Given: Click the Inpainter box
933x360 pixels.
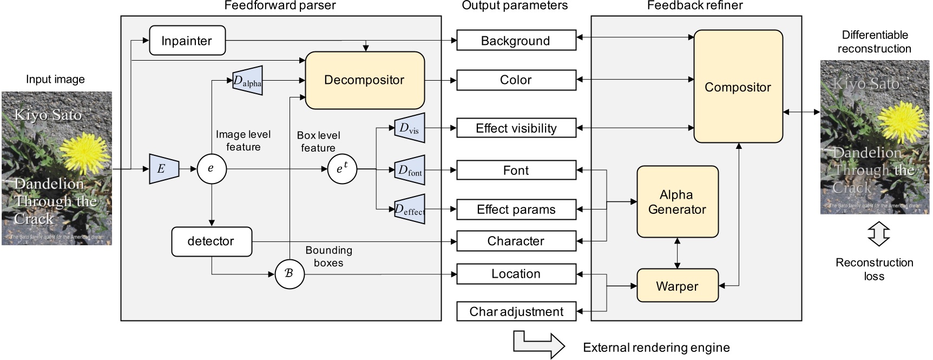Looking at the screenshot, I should click(187, 41).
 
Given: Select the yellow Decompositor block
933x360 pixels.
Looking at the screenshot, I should click(364, 80).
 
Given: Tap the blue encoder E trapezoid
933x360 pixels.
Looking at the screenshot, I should click(163, 169).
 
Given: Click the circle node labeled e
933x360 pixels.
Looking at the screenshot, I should click(211, 169).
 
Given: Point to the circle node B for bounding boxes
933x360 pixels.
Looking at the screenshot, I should click(290, 274).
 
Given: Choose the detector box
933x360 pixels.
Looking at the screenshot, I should click(212, 241).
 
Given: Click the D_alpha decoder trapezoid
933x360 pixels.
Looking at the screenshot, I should click(247, 81).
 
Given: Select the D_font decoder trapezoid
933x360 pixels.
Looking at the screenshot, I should click(410, 171).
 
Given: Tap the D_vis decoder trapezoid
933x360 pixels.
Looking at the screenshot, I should click(409, 128).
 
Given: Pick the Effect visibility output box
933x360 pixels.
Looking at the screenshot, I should click(516, 128).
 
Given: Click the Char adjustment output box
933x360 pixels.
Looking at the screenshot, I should click(516, 312).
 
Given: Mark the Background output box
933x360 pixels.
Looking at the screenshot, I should click(516, 41).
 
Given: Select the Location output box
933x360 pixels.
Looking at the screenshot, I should click(516, 274).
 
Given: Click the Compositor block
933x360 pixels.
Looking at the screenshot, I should click(738, 87).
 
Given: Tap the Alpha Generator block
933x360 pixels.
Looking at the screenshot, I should click(677, 202).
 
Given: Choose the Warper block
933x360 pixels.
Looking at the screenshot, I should click(677, 286).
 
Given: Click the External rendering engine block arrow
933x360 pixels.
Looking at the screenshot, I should click(538, 345).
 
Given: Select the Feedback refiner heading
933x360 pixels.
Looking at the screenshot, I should click(695, 6).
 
